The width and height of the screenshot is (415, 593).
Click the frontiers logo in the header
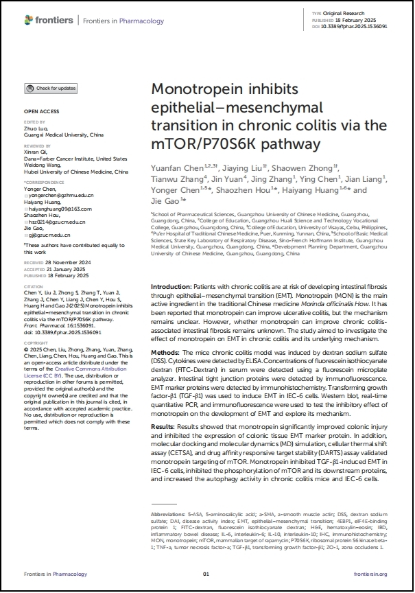pos(50,21)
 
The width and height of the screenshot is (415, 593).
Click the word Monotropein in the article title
pos(194,91)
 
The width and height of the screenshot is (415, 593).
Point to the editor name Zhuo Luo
pos(36,127)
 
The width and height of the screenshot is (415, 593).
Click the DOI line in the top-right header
pos(349,25)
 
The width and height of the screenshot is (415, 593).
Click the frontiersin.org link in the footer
pos(370,574)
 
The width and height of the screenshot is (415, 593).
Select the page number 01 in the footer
pos(206,574)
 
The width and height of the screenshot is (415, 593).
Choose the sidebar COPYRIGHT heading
pos(36,342)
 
